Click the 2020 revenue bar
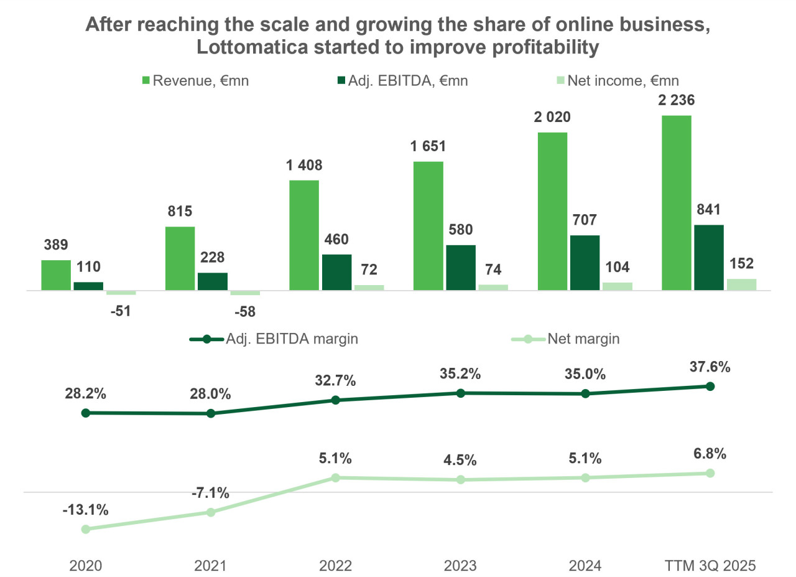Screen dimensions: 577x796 point(56,275)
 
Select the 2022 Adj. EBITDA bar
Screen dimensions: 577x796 point(336,272)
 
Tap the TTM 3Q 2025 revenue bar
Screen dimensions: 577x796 point(677,203)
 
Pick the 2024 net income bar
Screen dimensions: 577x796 point(618,286)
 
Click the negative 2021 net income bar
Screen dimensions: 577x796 point(245,293)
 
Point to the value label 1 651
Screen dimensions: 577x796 point(428,146)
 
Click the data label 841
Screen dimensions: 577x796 point(709,209)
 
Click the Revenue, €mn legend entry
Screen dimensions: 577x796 point(196,80)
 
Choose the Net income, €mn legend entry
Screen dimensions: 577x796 point(619,80)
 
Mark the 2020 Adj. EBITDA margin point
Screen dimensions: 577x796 point(86,413)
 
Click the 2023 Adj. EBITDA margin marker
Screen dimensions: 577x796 point(461,393)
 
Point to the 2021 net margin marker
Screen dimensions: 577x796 point(211,512)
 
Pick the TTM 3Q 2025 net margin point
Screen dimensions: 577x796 point(710,473)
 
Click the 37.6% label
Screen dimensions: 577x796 point(710,367)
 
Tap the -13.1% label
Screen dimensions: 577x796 point(86,510)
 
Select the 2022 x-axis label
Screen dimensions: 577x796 point(335,566)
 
